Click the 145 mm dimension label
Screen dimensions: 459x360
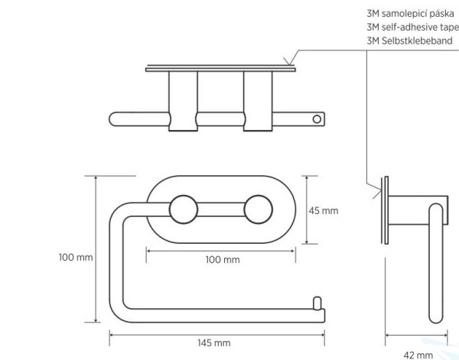click(x=214, y=342)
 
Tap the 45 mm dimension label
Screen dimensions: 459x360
click(x=324, y=210)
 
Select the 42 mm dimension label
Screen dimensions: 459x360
click(x=418, y=355)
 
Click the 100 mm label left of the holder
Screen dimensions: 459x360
click(x=76, y=258)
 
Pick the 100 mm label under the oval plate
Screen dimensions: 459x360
click(x=223, y=260)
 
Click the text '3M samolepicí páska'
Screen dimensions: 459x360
click(x=410, y=14)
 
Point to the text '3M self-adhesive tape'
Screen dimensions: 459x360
click(x=413, y=28)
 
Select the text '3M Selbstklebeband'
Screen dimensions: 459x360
click(x=409, y=41)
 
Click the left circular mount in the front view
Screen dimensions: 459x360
click(x=184, y=209)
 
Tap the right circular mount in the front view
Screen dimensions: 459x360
click(x=259, y=209)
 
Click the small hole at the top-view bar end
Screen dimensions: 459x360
click(x=317, y=119)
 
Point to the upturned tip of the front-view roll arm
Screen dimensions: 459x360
click(x=317, y=303)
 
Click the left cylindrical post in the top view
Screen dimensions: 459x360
click(x=184, y=101)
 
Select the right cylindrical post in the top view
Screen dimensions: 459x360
click(x=258, y=101)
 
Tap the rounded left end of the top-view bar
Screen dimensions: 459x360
click(x=113, y=119)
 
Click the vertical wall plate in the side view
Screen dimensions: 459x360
click(x=386, y=210)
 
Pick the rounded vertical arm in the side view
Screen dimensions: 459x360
click(x=436, y=263)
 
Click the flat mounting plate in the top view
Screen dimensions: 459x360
click(x=221, y=70)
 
